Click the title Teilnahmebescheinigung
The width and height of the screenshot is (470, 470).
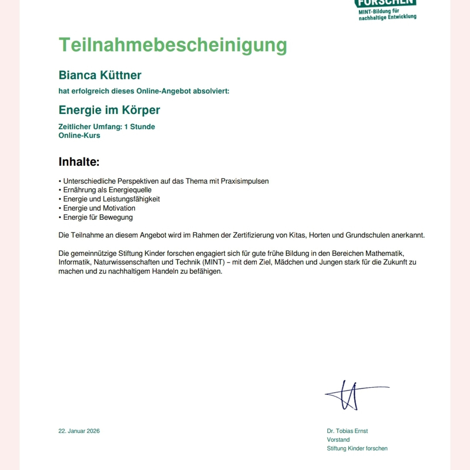point(173,45)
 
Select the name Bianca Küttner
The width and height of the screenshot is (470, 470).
point(100,75)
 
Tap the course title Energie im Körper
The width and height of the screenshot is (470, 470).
point(109,110)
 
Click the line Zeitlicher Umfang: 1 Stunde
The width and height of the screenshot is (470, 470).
point(107,127)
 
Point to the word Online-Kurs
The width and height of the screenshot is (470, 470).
point(79,135)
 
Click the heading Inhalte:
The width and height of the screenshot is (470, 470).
point(79,162)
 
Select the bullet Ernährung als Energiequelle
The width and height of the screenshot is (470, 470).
point(107,190)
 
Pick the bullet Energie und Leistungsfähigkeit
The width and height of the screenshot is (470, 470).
point(111,199)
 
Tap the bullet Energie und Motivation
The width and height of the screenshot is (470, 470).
point(99,208)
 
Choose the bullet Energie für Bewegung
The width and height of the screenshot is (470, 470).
point(98,217)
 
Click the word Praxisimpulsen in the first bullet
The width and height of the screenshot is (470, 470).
point(245,181)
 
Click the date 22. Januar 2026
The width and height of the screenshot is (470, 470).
point(79,431)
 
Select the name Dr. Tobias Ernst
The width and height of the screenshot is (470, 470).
point(347,431)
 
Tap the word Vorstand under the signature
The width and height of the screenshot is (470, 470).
point(338,440)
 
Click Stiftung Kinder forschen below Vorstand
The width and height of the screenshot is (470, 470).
point(357,449)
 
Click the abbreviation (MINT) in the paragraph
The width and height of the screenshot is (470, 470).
point(214,262)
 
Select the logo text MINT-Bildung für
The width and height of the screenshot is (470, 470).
point(379,11)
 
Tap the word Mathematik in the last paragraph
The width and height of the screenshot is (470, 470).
point(385,253)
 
